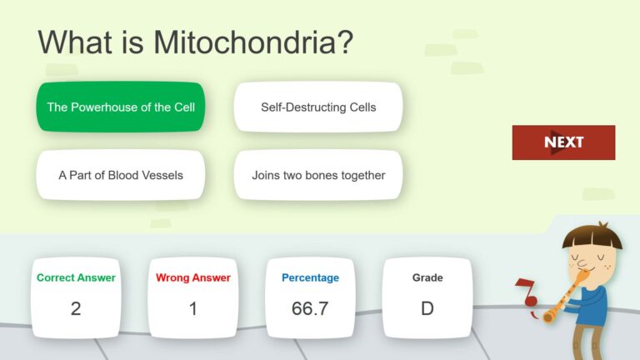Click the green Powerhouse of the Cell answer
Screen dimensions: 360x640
[x=120, y=107]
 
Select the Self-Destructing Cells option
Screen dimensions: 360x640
[x=318, y=107]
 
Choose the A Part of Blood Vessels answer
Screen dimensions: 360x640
[x=120, y=175]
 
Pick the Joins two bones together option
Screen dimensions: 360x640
[x=318, y=175]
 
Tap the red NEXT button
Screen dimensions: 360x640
[x=563, y=142]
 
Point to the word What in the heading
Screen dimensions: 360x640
[x=75, y=42]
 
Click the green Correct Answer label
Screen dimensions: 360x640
[x=76, y=277]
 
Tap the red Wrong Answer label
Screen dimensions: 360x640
[x=193, y=277]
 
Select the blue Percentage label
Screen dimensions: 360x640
[x=310, y=277]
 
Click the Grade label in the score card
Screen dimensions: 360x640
[x=427, y=277]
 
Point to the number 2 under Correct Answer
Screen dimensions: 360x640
[x=76, y=308]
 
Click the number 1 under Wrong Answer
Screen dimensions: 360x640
[x=193, y=308]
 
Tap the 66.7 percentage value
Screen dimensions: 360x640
[x=310, y=308]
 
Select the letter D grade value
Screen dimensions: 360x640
[x=427, y=308]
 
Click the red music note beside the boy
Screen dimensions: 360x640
[x=526, y=292]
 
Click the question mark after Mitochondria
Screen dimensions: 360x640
[x=343, y=42]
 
